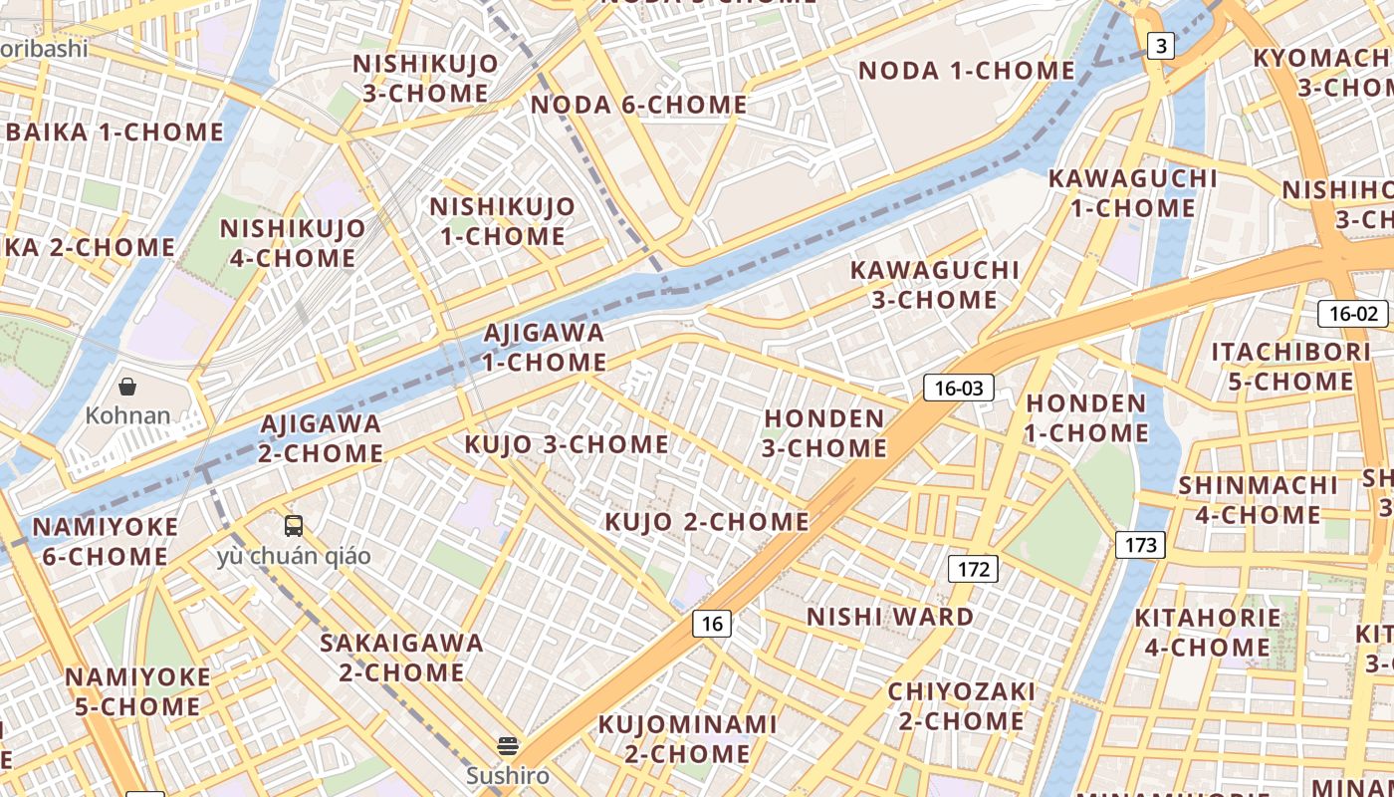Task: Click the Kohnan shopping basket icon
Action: click(x=127, y=387)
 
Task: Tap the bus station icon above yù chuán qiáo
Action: click(x=294, y=525)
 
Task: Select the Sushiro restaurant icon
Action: click(x=508, y=746)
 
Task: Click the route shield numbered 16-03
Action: click(x=958, y=388)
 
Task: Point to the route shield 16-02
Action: click(x=1352, y=314)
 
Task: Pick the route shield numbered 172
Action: click(x=972, y=569)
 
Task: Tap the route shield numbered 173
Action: click(x=1140, y=545)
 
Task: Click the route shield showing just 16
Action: click(x=712, y=624)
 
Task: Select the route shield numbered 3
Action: click(x=1161, y=45)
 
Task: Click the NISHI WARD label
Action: click(x=890, y=617)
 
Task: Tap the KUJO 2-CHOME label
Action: click(x=707, y=521)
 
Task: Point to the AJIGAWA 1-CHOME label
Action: click(x=545, y=347)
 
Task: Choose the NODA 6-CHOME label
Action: click(x=639, y=105)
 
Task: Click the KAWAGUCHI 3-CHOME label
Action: click(x=934, y=284)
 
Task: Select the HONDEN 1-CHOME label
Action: click(x=1087, y=417)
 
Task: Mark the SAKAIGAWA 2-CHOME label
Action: click(x=401, y=658)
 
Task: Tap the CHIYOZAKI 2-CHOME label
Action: click(x=961, y=705)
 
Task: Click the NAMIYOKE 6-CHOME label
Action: click(x=105, y=541)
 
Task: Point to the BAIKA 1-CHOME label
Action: click(x=115, y=132)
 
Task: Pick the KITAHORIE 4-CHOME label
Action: click(x=1207, y=632)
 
